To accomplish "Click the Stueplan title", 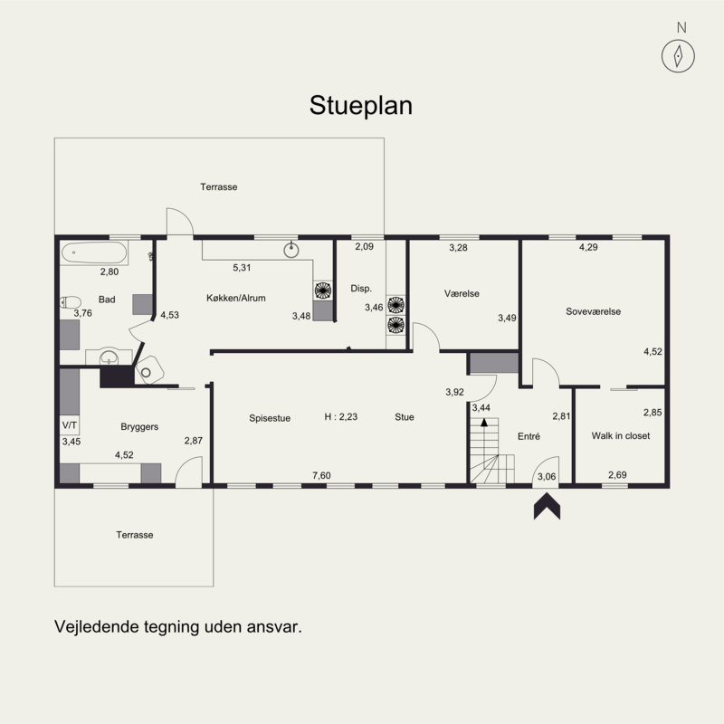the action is [360, 107].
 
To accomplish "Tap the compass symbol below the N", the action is [678, 56].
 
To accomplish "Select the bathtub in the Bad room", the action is [94, 252].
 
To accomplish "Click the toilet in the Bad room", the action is [71, 302].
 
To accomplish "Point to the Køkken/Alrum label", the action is [236, 299].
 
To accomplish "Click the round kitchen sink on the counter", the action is [291, 250].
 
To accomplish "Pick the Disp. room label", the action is [361, 289].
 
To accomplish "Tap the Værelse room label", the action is [462, 293].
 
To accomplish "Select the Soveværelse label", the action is [594, 311].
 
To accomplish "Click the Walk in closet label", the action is [621, 435].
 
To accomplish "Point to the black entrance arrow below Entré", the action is [548, 506].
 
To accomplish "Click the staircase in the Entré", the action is [491, 450].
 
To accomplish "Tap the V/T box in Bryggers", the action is [70, 425].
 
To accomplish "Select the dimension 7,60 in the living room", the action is [321, 475].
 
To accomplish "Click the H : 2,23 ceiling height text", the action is [341, 416].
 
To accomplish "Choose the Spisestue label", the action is [270, 418].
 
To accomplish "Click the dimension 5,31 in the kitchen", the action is [242, 267].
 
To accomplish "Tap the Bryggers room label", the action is [139, 427].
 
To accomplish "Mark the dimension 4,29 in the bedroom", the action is [588, 247].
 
